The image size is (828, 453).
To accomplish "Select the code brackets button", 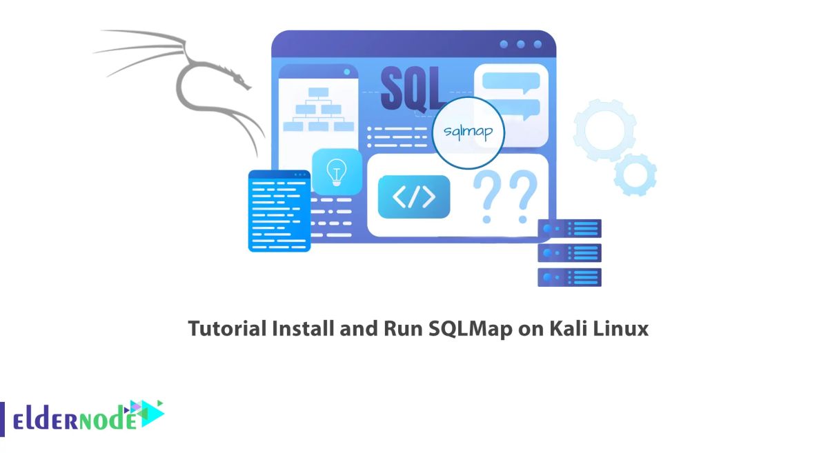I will tap(414, 197).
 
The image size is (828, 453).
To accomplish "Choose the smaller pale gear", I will tap(635, 174).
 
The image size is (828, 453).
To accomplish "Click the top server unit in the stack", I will tap(569, 228).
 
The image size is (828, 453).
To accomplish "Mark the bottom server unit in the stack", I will tap(569, 277).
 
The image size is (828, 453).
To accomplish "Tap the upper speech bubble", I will tap(511, 81).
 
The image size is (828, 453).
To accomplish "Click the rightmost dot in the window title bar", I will tap(538, 44).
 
